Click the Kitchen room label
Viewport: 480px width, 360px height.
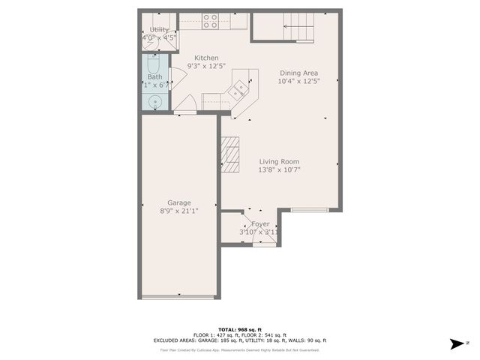coord(206,58)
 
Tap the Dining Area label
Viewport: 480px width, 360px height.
coord(299,73)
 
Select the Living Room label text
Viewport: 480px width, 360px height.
coord(280,161)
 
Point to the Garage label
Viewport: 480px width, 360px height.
coord(178,202)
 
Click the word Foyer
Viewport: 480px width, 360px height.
coord(260,223)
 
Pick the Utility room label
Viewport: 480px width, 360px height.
coord(159,30)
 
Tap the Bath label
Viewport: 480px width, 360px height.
coord(154,76)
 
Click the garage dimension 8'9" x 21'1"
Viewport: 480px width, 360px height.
coord(178,211)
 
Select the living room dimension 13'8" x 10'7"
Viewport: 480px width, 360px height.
coord(280,170)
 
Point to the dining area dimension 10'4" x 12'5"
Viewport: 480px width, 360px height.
coord(299,82)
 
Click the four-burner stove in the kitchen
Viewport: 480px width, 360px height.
coord(210,21)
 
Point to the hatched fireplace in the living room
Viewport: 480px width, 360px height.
coord(229,154)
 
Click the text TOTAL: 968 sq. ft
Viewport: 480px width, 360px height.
coord(239,330)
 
